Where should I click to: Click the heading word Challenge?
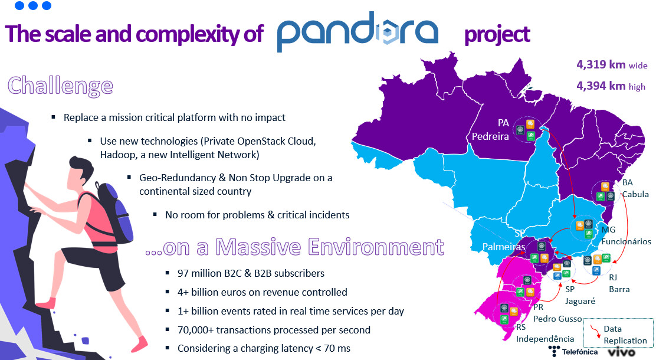(x=60, y=86)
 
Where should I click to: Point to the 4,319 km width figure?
(x=611, y=64)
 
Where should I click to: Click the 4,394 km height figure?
(x=611, y=86)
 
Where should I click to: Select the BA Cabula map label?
(x=635, y=188)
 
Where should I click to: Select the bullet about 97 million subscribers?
(x=251, y=274)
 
